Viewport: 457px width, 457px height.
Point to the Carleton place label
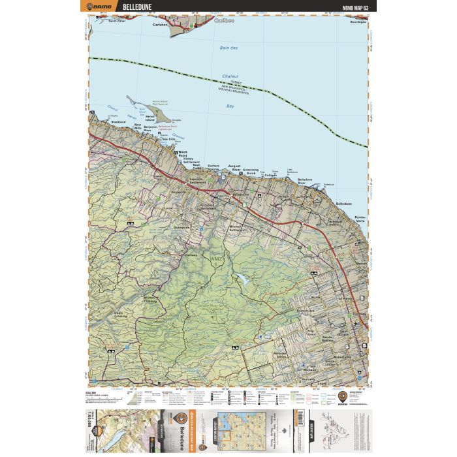click(x=160, y=24)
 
